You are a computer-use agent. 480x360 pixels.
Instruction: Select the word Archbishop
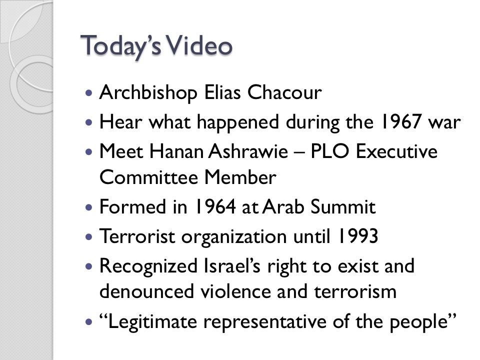(148, 92)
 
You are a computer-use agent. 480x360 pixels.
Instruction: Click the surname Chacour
(284, 92)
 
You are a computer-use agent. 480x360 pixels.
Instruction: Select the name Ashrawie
(248, 151)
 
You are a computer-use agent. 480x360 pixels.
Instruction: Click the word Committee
(148, 177)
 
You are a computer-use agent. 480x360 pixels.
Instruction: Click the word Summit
(343, 206)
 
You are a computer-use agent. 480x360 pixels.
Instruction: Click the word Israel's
(232, 265)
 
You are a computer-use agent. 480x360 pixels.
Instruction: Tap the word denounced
(147, 291)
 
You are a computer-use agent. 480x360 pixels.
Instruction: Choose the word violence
(235, 291)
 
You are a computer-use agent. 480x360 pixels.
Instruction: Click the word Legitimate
(152, 321)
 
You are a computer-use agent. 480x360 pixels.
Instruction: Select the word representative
(265, 322)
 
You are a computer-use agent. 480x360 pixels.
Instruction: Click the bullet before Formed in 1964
(89, 207)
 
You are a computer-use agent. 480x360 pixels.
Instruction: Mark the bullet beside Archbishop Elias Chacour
(89, 93)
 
